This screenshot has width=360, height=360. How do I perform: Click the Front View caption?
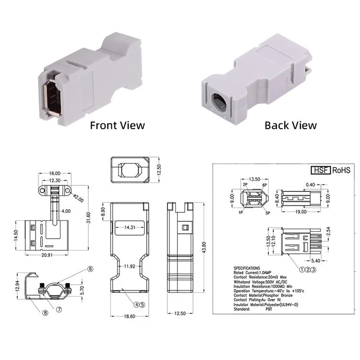117,125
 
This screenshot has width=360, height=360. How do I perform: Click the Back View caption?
290,125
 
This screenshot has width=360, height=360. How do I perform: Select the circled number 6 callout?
90,269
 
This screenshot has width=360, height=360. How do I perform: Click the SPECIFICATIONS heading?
247,268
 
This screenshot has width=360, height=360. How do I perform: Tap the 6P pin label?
265,184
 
